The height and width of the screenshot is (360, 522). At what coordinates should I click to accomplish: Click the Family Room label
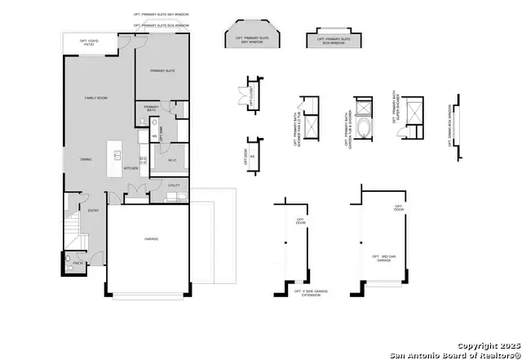[x=96, y=98]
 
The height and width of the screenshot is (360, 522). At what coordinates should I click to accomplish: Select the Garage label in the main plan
[x=152, y=239]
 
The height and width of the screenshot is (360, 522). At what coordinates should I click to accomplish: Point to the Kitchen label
[x=130, y=167]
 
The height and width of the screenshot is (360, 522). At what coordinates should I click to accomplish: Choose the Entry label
[x=94, y=211]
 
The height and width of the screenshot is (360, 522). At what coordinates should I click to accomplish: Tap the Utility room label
[x=174, y=185]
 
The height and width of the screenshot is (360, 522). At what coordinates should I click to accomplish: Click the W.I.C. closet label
[x=173, y=160]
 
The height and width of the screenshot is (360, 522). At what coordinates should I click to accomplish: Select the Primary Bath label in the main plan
[x=152, y=108]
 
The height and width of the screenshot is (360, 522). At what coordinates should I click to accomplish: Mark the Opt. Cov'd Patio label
[x=88, y=42]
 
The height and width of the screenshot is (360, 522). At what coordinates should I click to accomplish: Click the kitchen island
[x=116, y=153]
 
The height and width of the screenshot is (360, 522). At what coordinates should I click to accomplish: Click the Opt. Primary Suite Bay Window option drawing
[x=251, y=38]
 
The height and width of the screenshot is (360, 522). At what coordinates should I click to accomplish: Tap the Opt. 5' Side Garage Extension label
[x=308, y=293]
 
